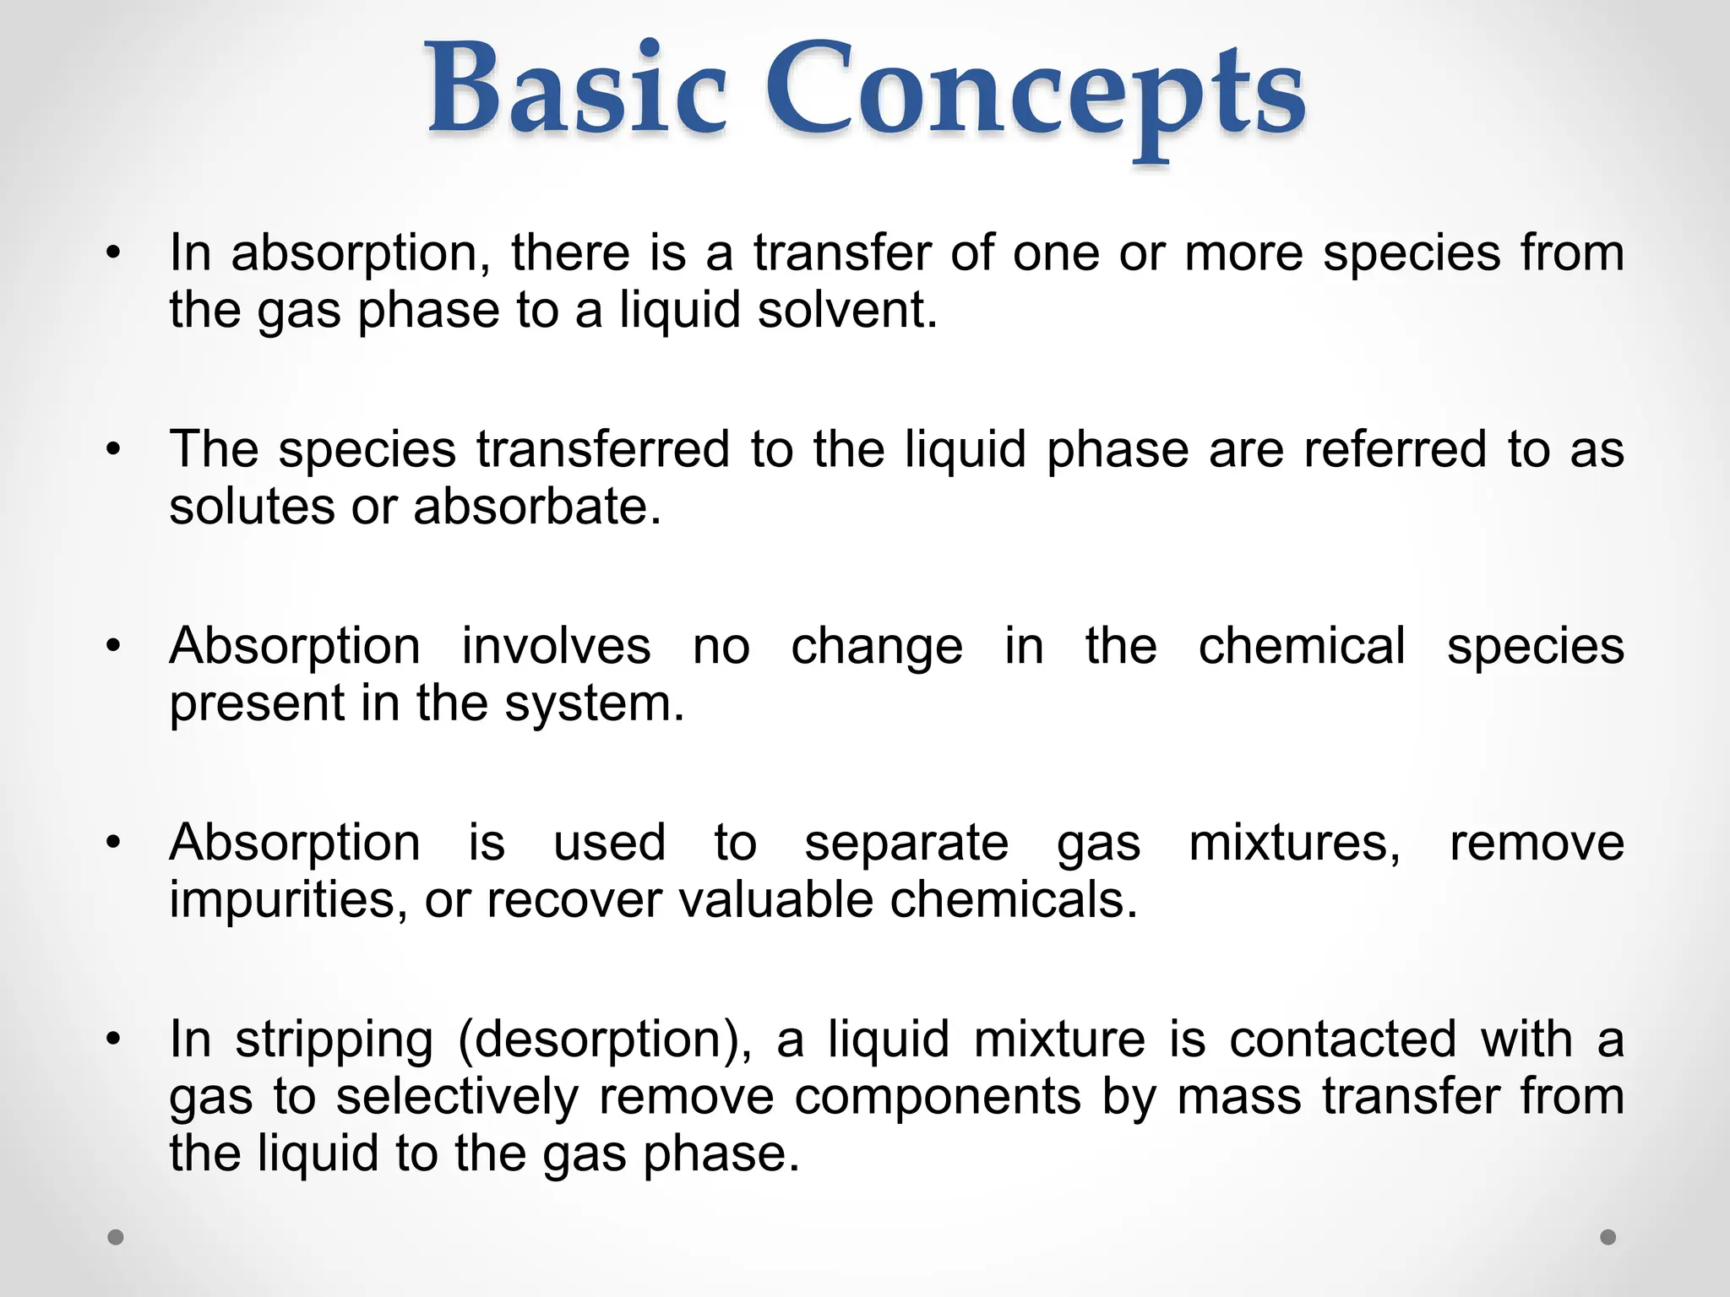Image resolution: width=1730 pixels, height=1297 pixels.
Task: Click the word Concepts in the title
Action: [x=1035, y=93]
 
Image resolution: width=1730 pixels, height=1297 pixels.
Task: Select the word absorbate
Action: [x=537, y=507]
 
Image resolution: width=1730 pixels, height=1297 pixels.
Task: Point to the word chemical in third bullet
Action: [x=1302, y=646]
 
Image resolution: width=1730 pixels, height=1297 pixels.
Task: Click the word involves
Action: [x=556, y=646]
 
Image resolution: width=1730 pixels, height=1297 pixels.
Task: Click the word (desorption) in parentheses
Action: [x=605, y=1040]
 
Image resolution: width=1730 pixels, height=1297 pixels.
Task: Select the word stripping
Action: [x=335, y=1040]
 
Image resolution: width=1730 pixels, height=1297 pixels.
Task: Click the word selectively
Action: [x=457, y=1097]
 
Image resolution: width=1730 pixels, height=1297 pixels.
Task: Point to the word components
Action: [x=938, y=1097]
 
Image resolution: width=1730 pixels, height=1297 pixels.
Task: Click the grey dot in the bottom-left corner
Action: [x=117, y=1237]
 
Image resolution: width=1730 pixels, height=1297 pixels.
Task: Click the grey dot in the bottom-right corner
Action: [x=1608, y=1237]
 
